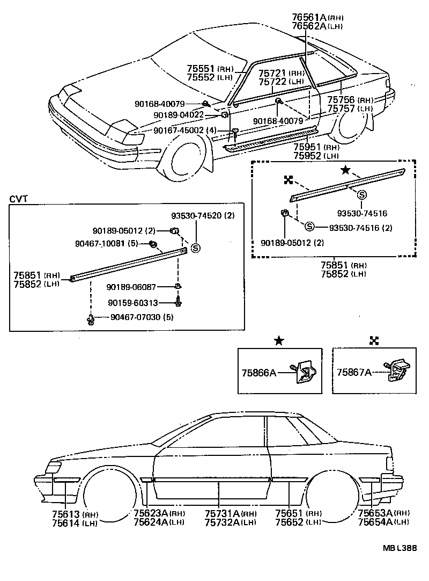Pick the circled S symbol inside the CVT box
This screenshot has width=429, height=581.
[196, 248]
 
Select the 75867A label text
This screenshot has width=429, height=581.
[354, 371]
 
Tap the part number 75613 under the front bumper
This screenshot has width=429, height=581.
[65, 514]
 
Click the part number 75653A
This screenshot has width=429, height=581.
[376, 514]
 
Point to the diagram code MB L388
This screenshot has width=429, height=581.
[400, 548]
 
